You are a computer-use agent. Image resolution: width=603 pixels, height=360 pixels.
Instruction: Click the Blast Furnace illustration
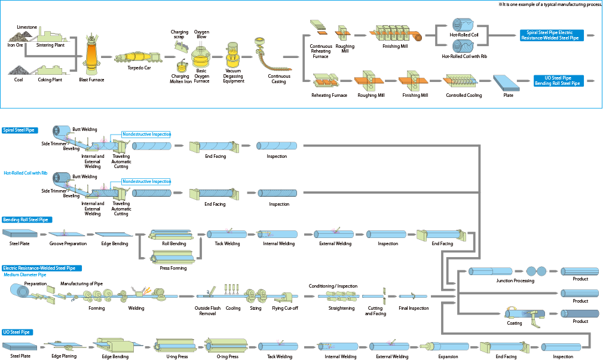(x=91, y=55)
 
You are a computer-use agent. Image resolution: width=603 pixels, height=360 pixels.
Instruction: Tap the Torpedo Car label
(x=139, y=68)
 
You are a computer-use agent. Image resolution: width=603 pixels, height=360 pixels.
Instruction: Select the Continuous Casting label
(x=279, y=79)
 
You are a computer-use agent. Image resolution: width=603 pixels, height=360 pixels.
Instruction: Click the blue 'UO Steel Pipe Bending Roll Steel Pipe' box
(x=558, y=81)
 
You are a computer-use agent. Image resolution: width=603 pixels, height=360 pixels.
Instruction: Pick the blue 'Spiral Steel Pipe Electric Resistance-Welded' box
(x=552, y=35)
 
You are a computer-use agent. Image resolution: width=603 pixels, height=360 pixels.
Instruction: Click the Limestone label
(x=27, y=28)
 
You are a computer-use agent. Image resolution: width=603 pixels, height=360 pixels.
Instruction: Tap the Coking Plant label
(x=50, y=80)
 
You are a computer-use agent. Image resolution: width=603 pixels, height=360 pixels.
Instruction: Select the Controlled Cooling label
(x=464, y=96)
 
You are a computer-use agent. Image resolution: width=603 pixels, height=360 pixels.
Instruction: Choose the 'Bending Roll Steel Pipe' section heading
(x=27, y=219)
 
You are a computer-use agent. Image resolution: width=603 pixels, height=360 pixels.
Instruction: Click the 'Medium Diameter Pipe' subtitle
(x=25, y=274)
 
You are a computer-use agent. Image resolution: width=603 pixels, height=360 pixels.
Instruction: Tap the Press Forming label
(x=173, y=268)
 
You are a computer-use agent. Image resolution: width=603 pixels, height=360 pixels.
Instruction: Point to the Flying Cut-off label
(x=285, y=308)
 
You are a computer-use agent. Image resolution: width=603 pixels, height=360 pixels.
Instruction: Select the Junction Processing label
(x=515, y=281)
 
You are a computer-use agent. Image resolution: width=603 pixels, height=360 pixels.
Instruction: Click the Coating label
(x=515, y=323)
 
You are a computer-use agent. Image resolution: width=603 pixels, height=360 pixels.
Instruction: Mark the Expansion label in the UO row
(x=448, y=356)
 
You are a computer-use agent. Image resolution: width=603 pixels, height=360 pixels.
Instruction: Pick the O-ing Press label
(x=228, y=356)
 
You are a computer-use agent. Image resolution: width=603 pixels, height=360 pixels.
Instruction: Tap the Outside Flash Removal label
(x=207, y=311)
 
